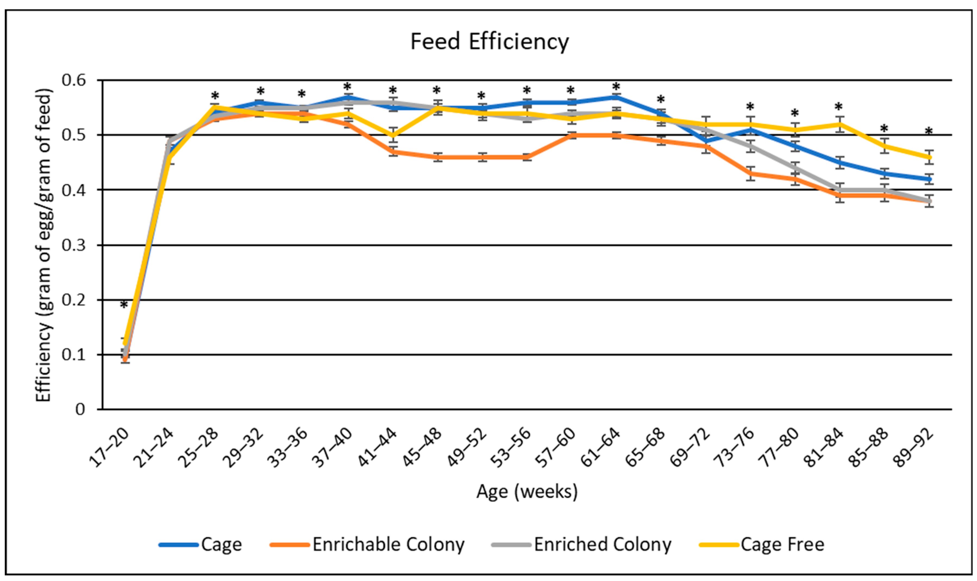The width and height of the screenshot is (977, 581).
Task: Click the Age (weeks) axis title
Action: point(527,491)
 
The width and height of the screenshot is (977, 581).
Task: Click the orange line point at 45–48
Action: point(438,157)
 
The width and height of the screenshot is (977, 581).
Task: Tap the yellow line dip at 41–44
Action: point(393,135)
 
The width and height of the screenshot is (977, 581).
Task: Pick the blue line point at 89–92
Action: point(928,179)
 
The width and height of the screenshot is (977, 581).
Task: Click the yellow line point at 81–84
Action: point(838,124)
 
